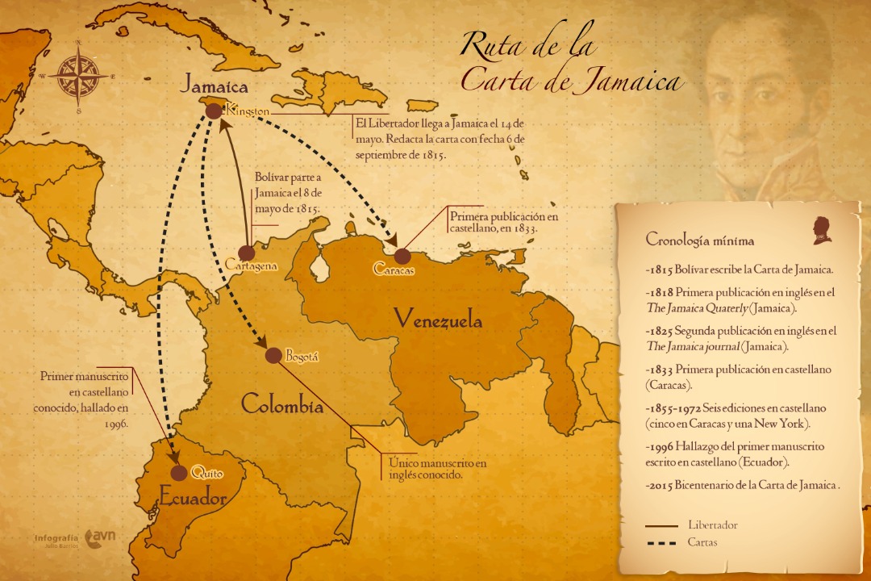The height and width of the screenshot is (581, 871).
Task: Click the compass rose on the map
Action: click(x=78, y=77)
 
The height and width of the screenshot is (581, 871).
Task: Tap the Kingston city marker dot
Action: click(x=214, y=111)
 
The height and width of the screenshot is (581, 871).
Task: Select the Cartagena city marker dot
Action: click(x=247, y=253)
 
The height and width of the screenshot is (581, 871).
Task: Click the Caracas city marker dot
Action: click(x=402, y=256)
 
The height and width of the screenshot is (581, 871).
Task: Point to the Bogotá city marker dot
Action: click(x=273, y=355)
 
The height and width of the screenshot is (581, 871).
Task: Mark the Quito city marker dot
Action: click(x=179, y=473)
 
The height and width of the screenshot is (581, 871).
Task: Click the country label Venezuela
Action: click(x=438, y=320)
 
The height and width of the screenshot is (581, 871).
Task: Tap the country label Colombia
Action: click(x=282, y=404)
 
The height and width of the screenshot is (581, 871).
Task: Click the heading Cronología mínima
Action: click(x=700, y=240)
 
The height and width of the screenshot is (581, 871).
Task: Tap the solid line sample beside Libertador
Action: click(x=661, y=525)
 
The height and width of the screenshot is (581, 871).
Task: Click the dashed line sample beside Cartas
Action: click(x=661, y=543)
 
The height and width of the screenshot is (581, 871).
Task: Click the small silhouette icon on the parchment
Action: click(x=821, y=229)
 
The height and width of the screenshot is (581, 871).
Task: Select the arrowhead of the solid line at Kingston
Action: click(x=222, y=125)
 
